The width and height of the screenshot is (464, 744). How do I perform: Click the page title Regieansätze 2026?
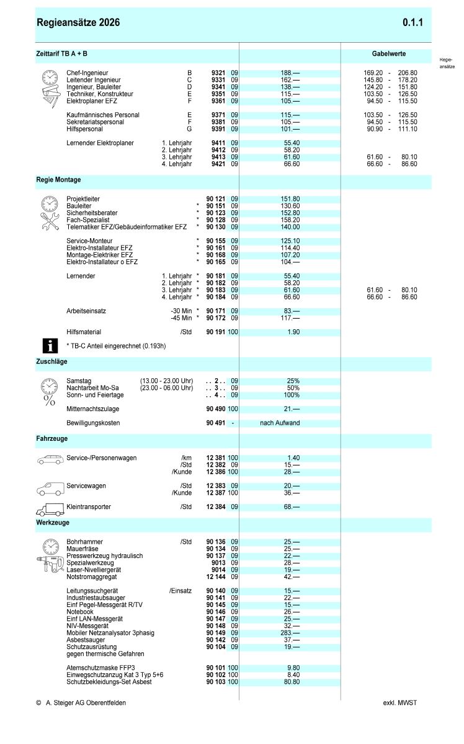tap(79, 23)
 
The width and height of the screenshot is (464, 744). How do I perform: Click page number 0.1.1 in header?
tap(413, 23)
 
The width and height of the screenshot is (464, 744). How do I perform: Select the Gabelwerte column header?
tap(389, 55)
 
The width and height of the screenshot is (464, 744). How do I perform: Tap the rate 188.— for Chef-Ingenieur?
tap(290, 73)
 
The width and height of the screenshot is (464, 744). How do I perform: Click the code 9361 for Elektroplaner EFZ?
tap(218, 101)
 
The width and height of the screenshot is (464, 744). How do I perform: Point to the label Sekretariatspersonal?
tap(95, 122)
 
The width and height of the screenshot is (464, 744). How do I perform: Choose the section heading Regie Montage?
tap(58, 180)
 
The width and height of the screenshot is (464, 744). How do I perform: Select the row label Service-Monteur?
tap(91, 241)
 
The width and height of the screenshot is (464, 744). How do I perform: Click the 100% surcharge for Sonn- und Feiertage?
tap(292, 395)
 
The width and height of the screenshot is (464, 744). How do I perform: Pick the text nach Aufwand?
tap(280, 423)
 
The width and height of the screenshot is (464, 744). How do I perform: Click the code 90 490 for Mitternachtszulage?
tap(216, 409)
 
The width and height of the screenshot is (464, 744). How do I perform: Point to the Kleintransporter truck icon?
tap(50, 510)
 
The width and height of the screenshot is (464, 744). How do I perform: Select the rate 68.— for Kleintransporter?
tap(292, 507)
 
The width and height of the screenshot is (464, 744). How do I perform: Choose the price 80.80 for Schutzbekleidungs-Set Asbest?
tap(292, 682)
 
